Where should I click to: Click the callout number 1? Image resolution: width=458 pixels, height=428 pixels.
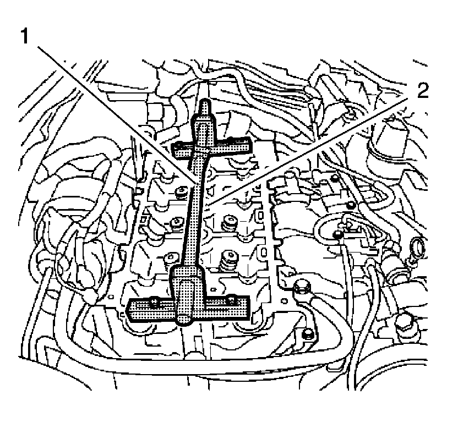[x=24, y=37]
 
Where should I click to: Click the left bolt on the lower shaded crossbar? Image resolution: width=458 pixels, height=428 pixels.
[x=155, y=301]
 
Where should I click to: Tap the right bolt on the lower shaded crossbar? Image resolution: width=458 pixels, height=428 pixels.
[x=232, y=299]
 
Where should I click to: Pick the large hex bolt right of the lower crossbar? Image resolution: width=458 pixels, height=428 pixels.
[x=301, y=287]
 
